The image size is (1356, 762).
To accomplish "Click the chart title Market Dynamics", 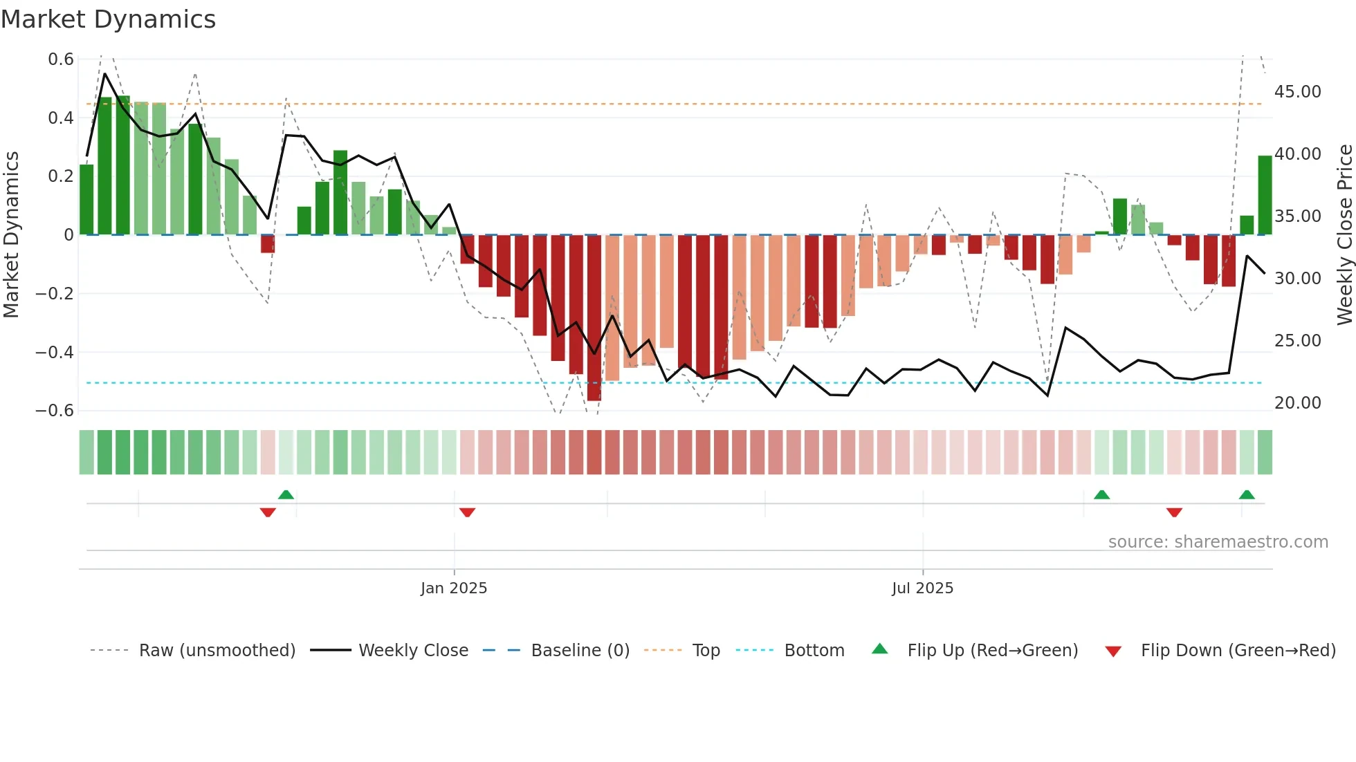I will tap(108, 19).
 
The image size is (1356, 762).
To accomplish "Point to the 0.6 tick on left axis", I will tap(61, 59).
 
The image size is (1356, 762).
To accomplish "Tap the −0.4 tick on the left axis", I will tap(55, 353).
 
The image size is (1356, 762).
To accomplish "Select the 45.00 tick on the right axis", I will tap(1297, 92).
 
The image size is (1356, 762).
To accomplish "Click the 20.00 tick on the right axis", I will tap(1297, 403).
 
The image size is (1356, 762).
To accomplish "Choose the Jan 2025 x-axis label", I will tap(454, 588).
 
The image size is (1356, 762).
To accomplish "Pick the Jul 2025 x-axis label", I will tap(922, 588).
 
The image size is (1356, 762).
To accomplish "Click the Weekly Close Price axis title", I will tap(1344, 235).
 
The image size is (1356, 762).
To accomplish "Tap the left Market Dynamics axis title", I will tap(11, 235).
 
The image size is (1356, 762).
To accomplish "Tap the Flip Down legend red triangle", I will tap(1113, 651).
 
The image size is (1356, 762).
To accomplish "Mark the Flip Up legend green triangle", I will tap(879, 649).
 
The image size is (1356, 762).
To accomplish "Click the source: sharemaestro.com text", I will tap(1218, 542).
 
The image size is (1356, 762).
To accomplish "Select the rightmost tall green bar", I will tap(1265, 196).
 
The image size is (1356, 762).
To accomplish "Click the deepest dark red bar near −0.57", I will tap(594, 318).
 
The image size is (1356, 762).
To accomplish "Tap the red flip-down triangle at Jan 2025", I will tap(467, 512).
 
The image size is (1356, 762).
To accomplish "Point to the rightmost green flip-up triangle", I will tap(1247, 494).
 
